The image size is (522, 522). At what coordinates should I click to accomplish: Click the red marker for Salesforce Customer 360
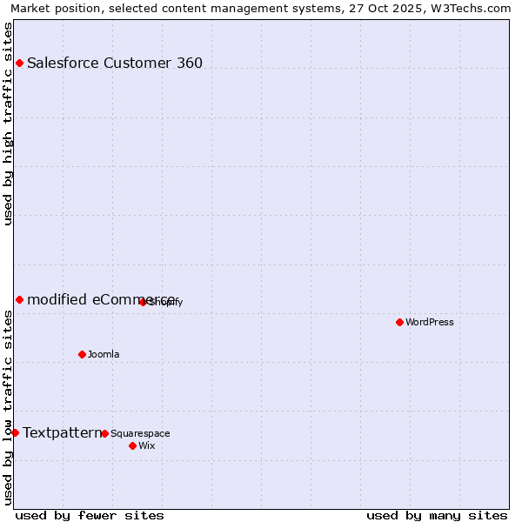(19, 63)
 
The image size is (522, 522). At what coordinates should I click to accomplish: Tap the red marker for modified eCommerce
(19, 299)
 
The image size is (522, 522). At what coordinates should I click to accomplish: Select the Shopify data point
(143, 302)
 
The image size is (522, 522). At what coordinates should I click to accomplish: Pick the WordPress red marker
(399, 322)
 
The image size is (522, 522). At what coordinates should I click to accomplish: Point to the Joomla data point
(82, 354)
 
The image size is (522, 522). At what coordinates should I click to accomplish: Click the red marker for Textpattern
(15, 432)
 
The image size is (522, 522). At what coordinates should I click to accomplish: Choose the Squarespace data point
(104, 433)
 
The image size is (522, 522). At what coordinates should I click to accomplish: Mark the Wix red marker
(132, 445)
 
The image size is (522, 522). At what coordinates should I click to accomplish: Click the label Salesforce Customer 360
(115, 63)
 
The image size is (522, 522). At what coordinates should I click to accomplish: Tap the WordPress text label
(430, 322)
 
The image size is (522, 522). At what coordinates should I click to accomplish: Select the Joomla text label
(104, 354)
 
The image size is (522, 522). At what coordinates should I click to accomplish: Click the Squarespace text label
(140, 433)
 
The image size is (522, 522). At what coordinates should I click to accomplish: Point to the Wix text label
(146, 445)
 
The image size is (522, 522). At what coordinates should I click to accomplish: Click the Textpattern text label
(62, 432)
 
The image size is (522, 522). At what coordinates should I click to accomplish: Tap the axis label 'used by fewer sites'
(90, 515)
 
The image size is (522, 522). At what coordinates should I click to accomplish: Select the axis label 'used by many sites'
(437, 515)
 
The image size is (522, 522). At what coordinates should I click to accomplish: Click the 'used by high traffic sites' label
(8, 124)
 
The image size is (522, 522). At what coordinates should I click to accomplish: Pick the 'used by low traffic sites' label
(8, 406)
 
